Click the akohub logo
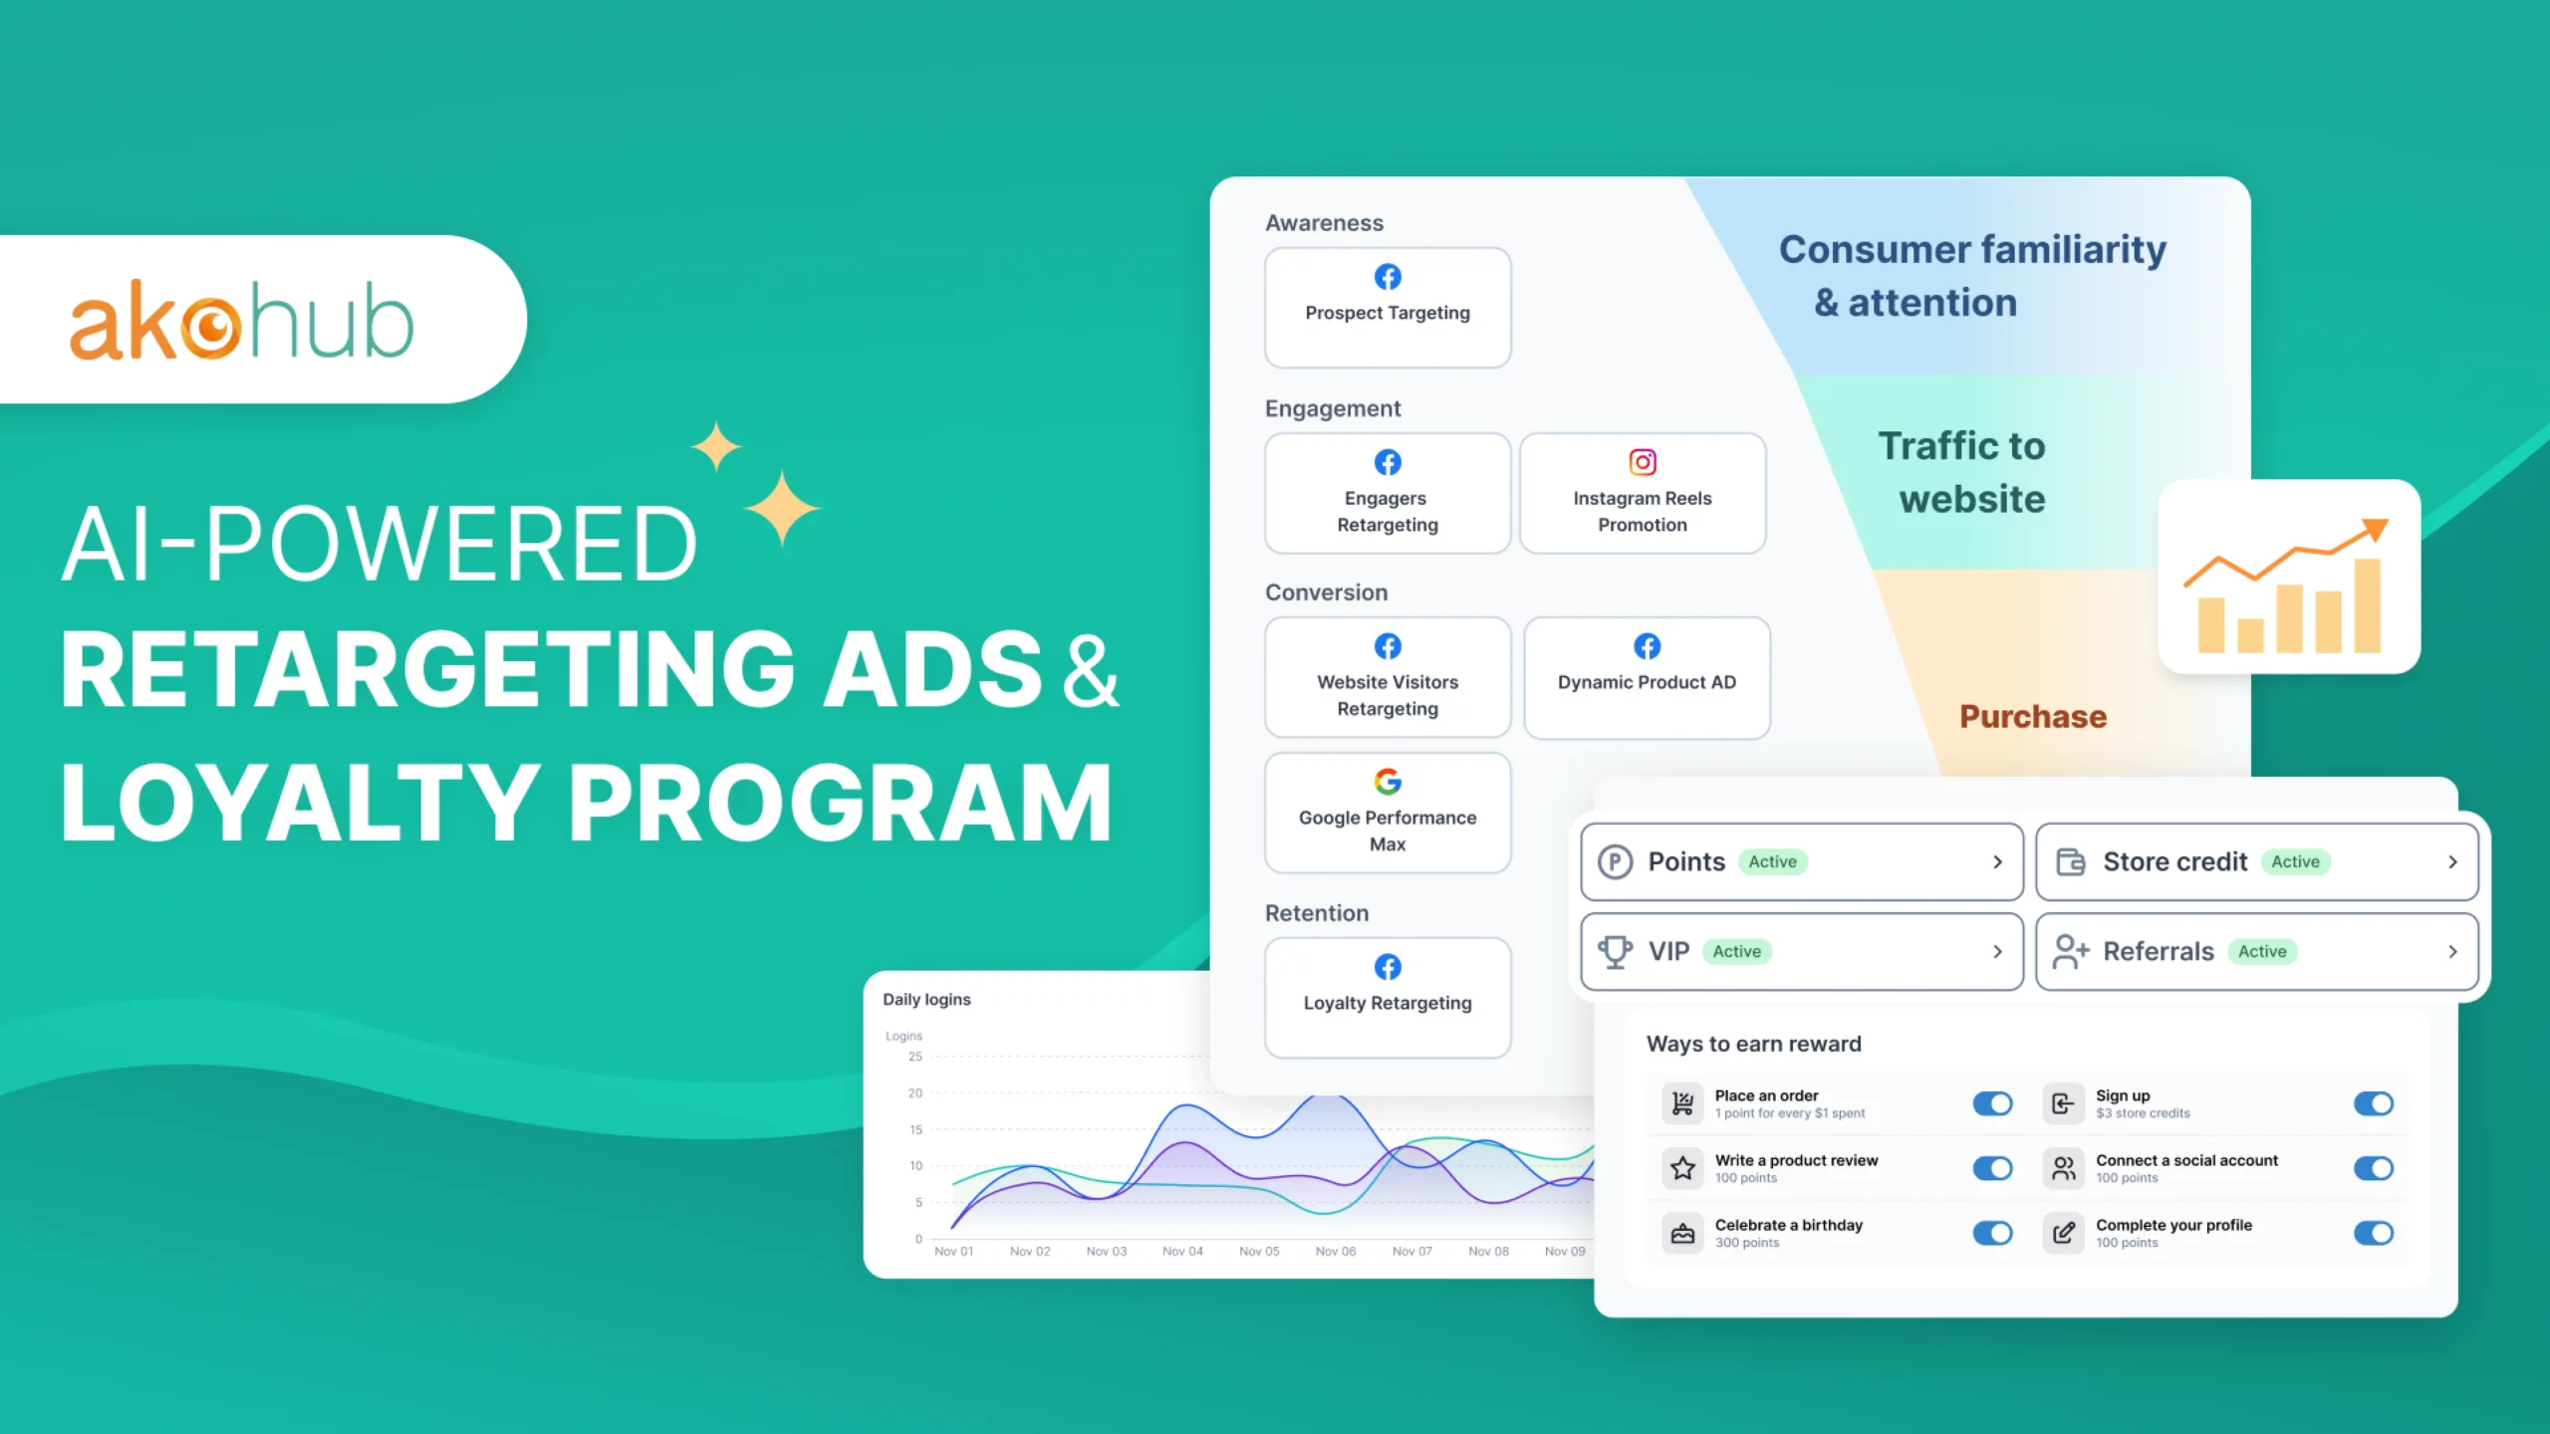pos(241,321)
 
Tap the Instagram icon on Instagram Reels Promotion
pos(1643,462)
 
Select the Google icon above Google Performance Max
pos(1388,782)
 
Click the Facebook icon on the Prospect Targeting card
pos(1388,277)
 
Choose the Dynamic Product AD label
pos(1647,682)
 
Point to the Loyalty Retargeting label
pos(1388,1003)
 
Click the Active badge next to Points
pos(1772,861)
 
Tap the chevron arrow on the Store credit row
pos(2452,862)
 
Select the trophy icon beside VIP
pos(1615,952)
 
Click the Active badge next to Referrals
pos(2262,952)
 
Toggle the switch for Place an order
pos(1992,1103)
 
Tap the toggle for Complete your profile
pos(2373,1233)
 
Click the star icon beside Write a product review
pos(1682,1168)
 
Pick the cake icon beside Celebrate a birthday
pos(1682,1234)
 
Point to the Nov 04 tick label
pos(1182,1252)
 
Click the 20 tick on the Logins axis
pos(914,1093)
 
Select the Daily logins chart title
pos(926,1000)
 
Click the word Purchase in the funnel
pos(2033,717)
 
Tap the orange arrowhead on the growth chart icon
pos(2376,529)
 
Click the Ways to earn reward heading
pos(1753,1044)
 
